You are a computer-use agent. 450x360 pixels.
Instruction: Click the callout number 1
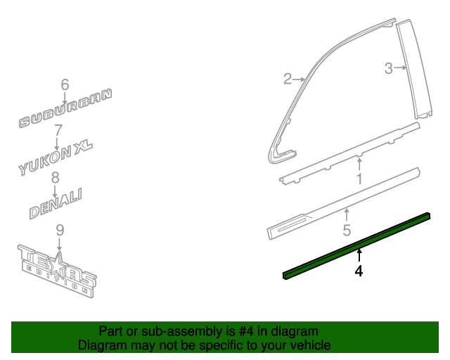(x=359, y=179)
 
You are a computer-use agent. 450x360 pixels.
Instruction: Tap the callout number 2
(x=288, y=79)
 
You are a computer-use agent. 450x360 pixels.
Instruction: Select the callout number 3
(x=389, y=68)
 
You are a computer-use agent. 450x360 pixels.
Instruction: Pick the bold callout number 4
(x=359, y=271)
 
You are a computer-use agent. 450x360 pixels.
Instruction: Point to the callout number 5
(x=347, y=230)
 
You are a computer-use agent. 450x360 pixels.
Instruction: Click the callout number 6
(x=65, y=84)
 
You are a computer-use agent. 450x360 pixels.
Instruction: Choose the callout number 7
(x=58, y=130)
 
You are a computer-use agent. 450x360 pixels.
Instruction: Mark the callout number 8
(x=55, y=177)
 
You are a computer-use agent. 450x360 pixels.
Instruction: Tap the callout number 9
(x=60, y=230)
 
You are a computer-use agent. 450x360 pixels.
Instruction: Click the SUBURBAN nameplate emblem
(x=65, y=108)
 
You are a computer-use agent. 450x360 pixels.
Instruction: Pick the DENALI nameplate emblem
(x=56, y=203)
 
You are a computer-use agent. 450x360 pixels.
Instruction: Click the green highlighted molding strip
(x=356, y=245)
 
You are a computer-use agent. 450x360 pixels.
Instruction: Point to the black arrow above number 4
(x=359, y=255)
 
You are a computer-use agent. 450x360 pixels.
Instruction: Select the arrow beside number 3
(x=400, y=67)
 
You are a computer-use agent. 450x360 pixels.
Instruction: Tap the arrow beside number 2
(x=299, y=79)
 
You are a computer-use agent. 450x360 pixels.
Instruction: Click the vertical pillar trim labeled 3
(x=414, y=69)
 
